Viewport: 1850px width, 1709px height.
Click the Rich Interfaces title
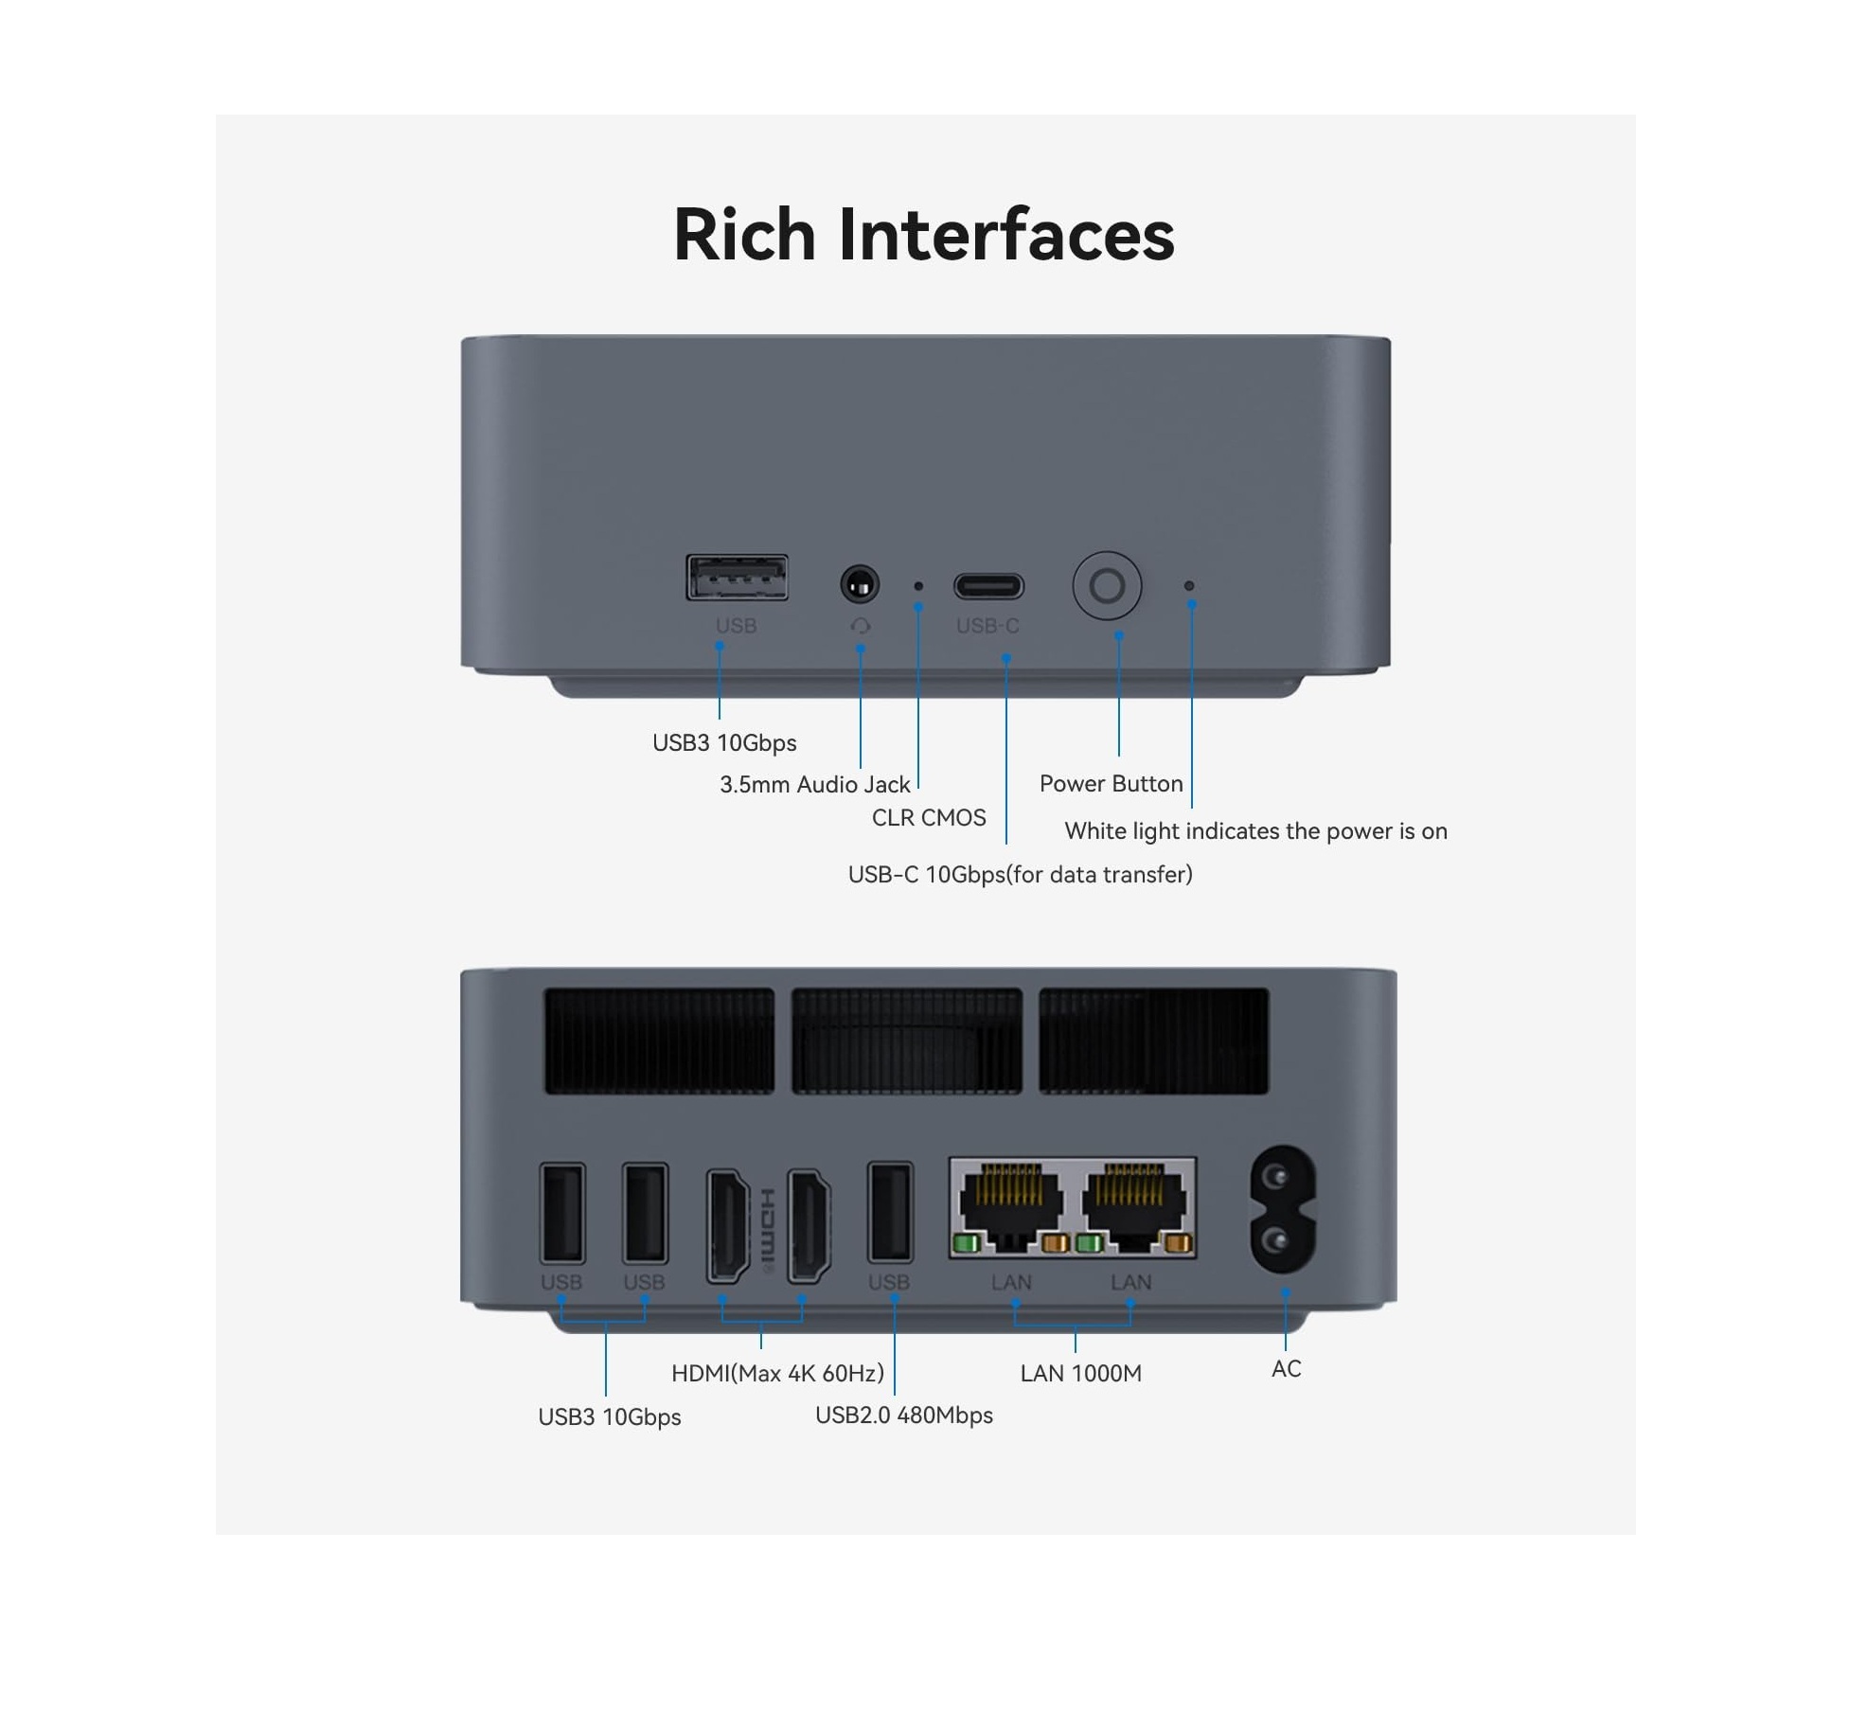(x=923, y=235)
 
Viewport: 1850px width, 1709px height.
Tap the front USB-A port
(x=737, y=579)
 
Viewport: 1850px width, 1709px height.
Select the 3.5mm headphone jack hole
(x=860, y=585)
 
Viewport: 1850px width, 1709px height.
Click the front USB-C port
(x=988, y=586)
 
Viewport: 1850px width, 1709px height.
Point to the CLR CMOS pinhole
(x=917, y=586)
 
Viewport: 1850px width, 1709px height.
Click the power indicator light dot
(x=1189, y=586)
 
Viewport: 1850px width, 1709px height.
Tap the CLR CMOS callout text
(x=928, y=818)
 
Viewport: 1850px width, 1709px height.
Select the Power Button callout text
(x=1111, y=784)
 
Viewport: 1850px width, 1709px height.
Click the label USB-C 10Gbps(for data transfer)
(x=1020, y=875)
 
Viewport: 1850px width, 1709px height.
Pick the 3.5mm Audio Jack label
(x=814, y=785)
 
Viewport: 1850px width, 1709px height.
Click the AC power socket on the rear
(x=1283, y=1209)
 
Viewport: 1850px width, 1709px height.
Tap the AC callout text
(x=1286, y=1369)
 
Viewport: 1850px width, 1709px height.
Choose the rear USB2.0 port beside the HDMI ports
(x=890, y=1213)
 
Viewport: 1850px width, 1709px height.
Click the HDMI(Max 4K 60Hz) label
(x=777, y=1373)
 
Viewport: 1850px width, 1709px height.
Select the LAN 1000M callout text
(x=1080, y=1374)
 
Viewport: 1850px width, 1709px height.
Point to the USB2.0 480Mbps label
(x=903, y=1415)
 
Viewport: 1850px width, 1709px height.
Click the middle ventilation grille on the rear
(x=906, y=1041)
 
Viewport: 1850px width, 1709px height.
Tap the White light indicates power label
(x=1255, y=831)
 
